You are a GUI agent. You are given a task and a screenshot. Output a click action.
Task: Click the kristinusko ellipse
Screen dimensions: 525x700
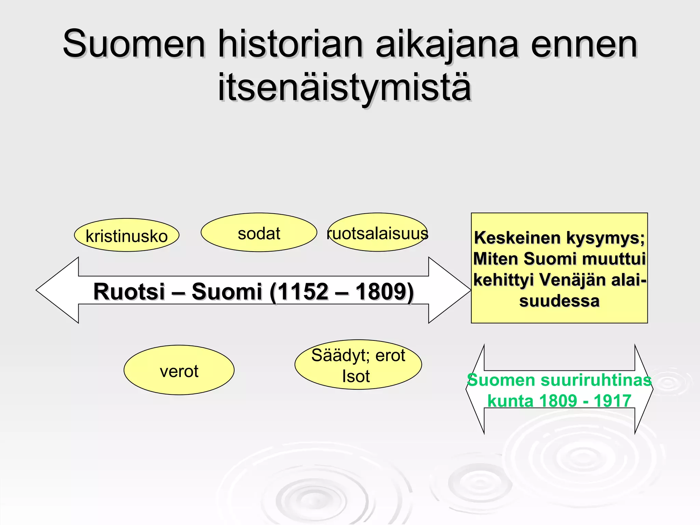pyautogui.click(x=126, y=235)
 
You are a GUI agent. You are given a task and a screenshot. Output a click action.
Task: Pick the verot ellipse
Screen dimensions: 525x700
pyautogui.click(x=179, y=371)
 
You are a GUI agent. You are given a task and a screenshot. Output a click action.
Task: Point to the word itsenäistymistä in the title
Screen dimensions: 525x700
pyautogui.click(x=345, y=87)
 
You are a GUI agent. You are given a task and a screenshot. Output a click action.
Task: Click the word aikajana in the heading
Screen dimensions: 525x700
pyautogui.click(x=447, y=44)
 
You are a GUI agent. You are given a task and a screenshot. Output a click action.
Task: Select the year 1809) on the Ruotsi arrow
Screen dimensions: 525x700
pyautogui.click(x=385, y=292)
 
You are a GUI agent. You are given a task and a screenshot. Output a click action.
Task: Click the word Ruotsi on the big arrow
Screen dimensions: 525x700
pyautogui.click(x=129, y=292)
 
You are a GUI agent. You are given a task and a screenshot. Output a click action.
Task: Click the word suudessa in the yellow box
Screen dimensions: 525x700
pyautogui.click(x=559, y=301)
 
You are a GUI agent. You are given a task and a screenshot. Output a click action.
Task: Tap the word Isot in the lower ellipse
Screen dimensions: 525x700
pyautogui.click(x=356, y=376)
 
